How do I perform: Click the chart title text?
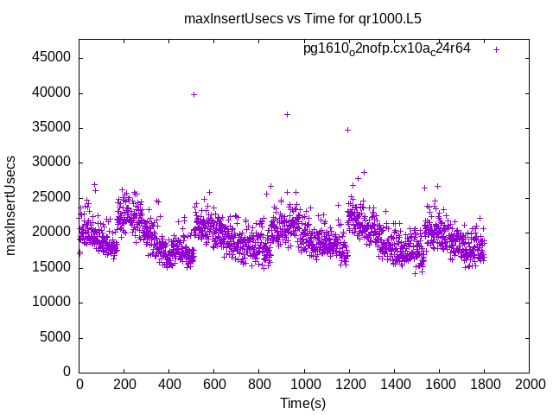(302, 18)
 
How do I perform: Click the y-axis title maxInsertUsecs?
(11, 206)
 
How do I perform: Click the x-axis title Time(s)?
(302, 403)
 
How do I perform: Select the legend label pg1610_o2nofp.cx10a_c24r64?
(387, 48)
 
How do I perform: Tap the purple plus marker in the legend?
(496, 49)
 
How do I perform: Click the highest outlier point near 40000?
(194, 94)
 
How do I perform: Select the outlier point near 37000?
(287, 114)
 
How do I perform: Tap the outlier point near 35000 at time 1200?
(347, 130)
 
